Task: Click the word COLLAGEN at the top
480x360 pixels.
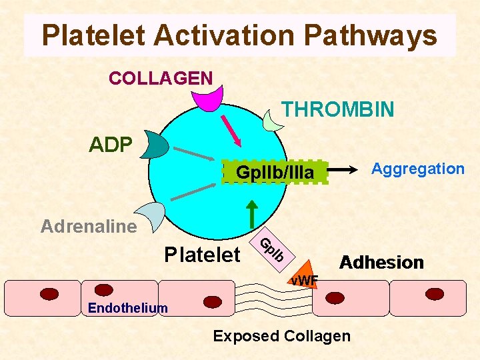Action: coord(161,78)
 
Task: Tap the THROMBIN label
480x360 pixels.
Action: coord(337,109)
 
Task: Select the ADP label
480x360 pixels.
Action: coord(111,145)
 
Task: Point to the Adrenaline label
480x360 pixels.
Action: coord(89,227)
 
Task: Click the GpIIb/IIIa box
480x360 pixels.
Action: coord(275,173)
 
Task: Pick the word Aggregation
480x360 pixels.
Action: coord(418,169)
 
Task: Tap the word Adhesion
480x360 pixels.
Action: coord(382,262)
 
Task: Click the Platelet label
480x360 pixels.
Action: coord(203,254)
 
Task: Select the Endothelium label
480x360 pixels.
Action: coord(128,307)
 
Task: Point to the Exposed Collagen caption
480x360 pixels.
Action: coord(281,336)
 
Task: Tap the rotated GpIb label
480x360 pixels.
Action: coord(272,249)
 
